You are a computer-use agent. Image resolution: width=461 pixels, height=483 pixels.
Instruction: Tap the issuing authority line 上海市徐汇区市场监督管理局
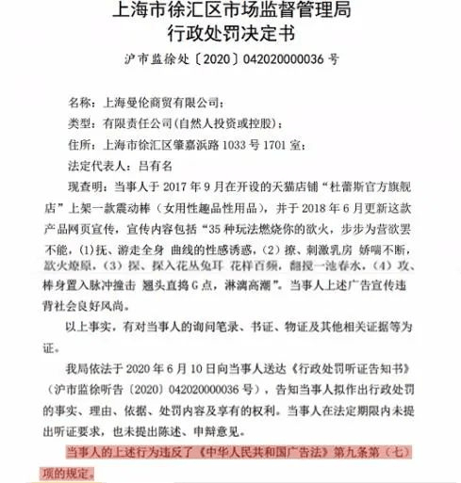point(231,12)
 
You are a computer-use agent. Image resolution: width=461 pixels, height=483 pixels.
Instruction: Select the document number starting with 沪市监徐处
point(231,59)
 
